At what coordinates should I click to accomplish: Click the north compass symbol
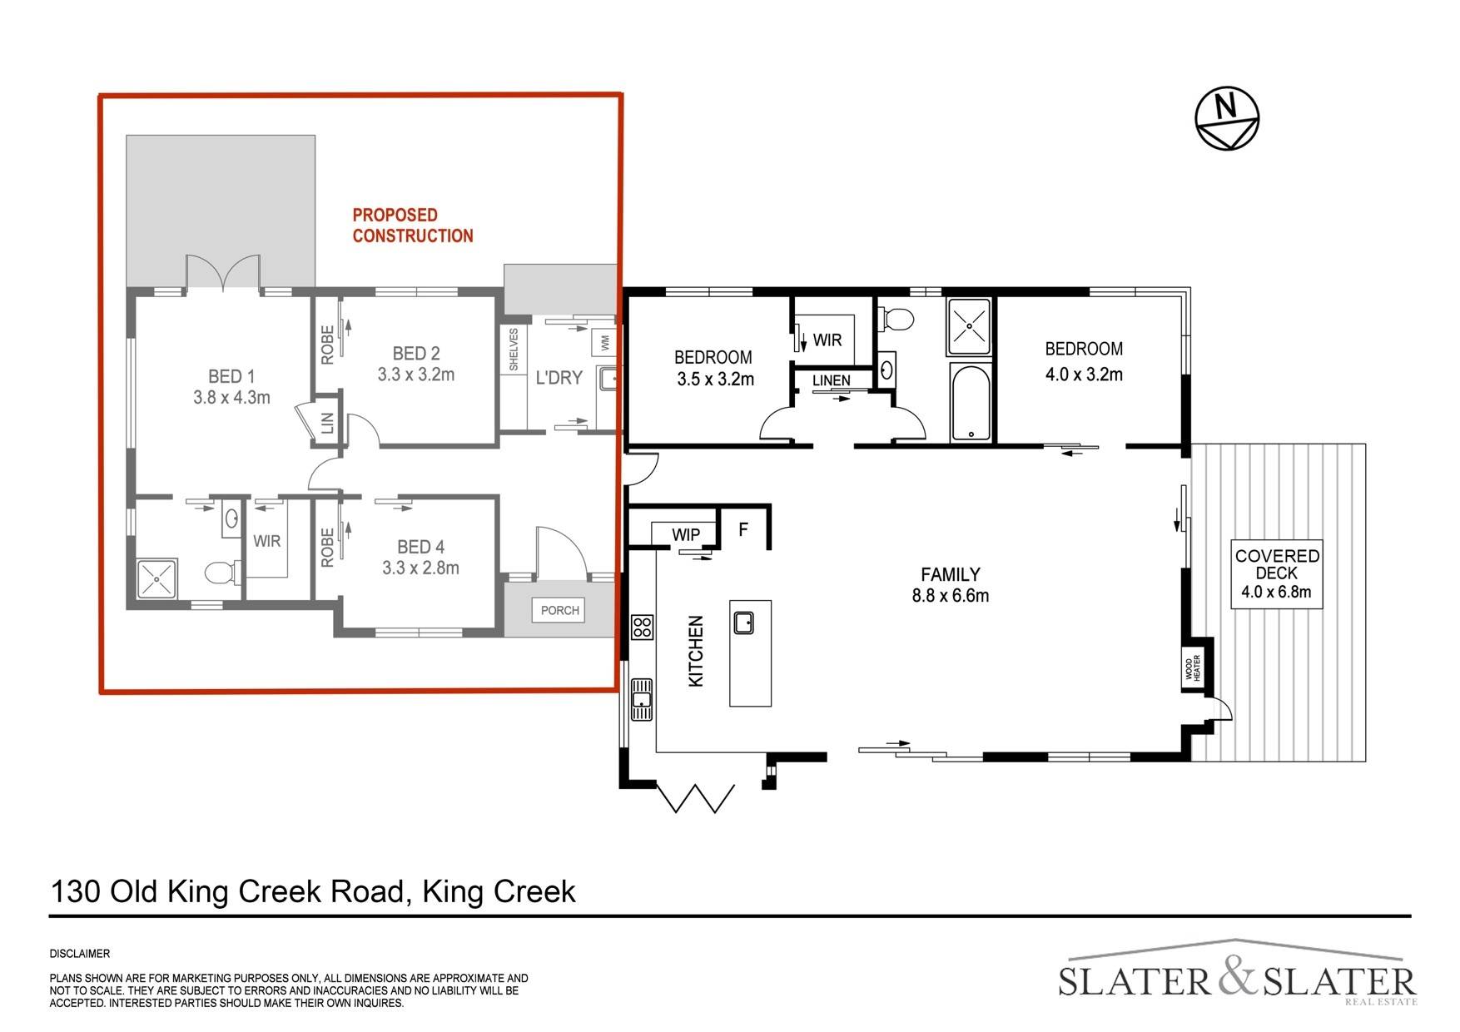1227,118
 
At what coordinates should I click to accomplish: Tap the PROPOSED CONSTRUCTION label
412,226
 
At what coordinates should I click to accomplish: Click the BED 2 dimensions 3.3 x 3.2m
416,375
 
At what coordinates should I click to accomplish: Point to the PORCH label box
559,610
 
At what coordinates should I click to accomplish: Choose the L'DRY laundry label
559,378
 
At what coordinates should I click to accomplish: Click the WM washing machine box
604,342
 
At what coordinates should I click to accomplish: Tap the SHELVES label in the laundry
513,349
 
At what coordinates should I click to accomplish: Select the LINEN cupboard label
832,380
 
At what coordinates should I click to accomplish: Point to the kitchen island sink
743,622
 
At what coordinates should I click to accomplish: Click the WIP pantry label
686,534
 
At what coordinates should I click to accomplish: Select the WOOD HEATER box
1194,667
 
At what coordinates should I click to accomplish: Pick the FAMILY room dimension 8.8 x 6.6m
950,595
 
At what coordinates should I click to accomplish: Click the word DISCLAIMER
80,954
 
